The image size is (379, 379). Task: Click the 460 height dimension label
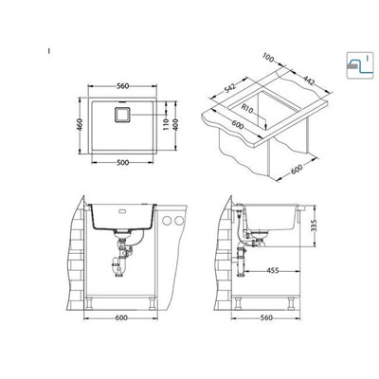click(80, 125)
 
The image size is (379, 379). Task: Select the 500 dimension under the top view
click(122, 163)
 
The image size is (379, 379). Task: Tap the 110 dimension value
click(167, 125)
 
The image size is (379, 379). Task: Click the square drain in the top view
click(122, 114)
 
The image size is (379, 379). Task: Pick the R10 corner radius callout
click(247, 108)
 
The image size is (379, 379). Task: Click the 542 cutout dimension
click(230, 88)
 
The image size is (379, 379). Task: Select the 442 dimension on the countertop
click(309, 81)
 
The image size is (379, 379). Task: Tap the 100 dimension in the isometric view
click(268, 58)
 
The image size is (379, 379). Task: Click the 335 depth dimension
click(314, 226)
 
